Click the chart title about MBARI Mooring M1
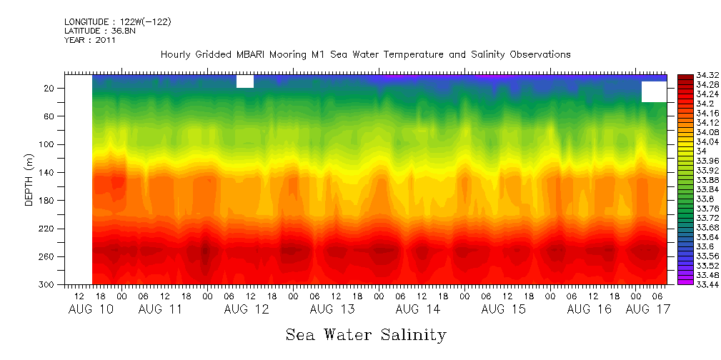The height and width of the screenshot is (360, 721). [365, 54]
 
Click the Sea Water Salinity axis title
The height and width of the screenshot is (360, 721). [366, 334]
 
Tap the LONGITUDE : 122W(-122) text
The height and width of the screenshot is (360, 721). [117, 22]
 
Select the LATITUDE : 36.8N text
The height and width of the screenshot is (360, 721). [99, 31]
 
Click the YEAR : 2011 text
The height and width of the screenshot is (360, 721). [90, 40]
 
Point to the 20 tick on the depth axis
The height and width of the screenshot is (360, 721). [50, 88]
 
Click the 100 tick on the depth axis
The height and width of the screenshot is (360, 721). [48, 144]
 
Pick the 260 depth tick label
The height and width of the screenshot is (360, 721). [48, 256]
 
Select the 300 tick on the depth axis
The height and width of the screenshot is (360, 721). [48, 284]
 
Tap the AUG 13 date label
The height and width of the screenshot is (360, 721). [332, 309]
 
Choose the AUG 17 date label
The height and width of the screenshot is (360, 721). [647, 309]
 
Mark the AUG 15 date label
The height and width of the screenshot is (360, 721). [504, 309]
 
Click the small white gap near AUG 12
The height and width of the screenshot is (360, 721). [245, 81]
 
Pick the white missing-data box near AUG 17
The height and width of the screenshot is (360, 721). [654, 91]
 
